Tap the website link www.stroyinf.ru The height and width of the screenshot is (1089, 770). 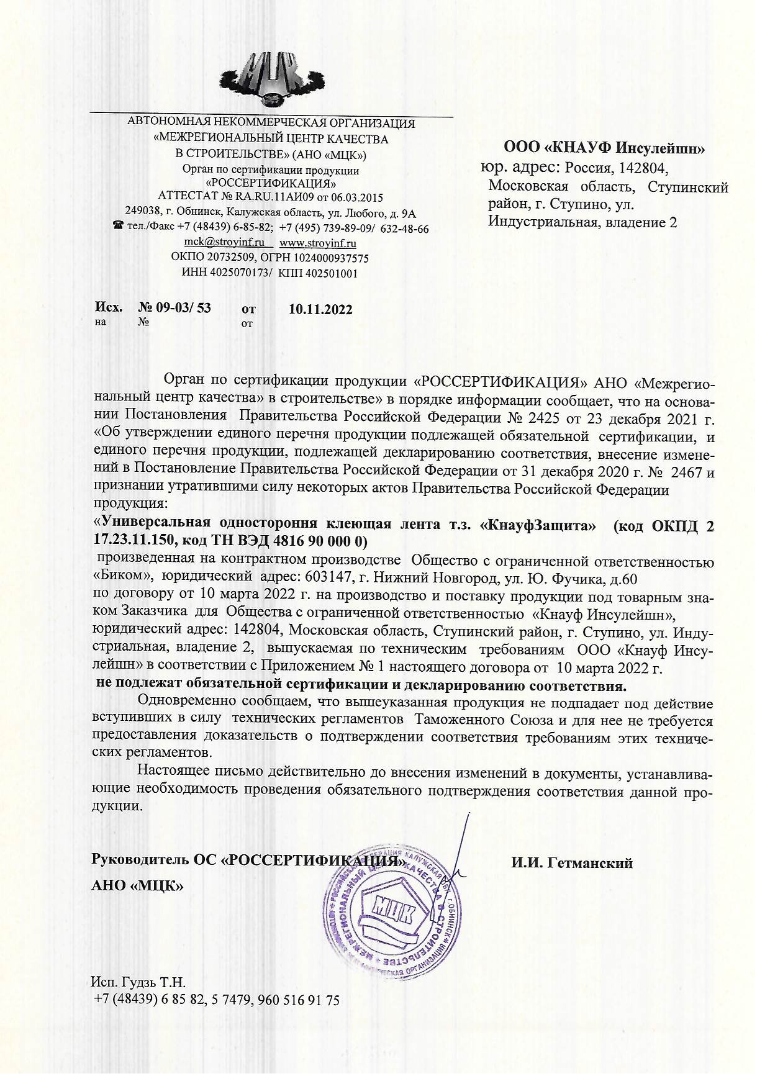pyautogui.click(x=318, y=243)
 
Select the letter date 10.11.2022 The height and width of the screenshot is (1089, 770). pyautogui.click(x=321, y=309)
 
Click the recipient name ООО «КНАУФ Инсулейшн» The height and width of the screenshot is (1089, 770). pyautogui.click(x=604, y=148)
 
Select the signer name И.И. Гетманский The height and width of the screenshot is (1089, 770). pyautogui.click(x=572, y=863)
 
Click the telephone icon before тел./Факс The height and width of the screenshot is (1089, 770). pyautogui.click(x=118, y=228)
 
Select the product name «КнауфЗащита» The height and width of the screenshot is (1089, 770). pyautogui.click(x=539, y=525)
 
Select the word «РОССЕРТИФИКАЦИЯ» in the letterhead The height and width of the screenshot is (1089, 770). pyautogui.click(x=271, y=184)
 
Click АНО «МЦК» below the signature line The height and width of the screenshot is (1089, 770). pyautogui.click(x=137, y=885)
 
